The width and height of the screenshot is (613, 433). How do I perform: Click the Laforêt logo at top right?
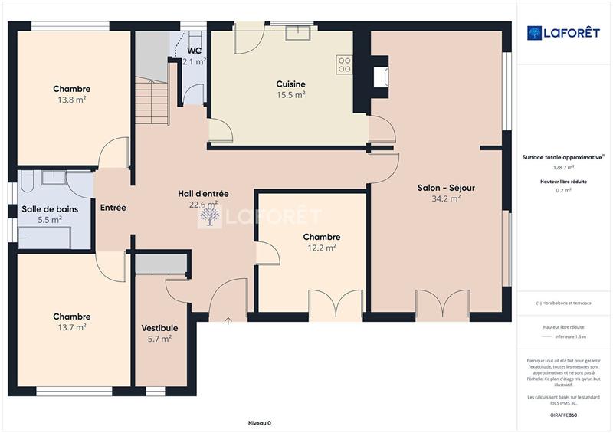click(x=563, y=33)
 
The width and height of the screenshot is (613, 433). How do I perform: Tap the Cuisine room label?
click(x=291, y=84)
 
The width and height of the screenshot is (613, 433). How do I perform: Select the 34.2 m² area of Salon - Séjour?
click(x=446, y=198)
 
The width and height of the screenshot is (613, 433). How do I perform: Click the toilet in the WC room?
click(x=195, y=40)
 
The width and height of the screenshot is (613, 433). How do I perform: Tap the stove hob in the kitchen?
click(x=344, y=64)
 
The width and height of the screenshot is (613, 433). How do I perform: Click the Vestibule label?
click(x=159, y=328)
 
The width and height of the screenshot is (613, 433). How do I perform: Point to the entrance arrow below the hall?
click(x=228, y=320)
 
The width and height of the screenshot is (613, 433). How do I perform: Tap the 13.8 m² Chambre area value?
click(x=71, y=100)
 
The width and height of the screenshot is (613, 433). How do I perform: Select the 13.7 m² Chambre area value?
click(x=71, y=327)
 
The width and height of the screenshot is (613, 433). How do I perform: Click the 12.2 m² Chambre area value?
click(x=322, y=248)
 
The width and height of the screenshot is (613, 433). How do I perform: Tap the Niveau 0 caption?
click(x=260, y=423)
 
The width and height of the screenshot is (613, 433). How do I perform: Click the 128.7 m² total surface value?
click(x=563, y=167)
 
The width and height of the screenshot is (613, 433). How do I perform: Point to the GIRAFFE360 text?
click(x=563, y=415)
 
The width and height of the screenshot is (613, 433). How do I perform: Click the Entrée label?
click(x=113, y=208)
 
